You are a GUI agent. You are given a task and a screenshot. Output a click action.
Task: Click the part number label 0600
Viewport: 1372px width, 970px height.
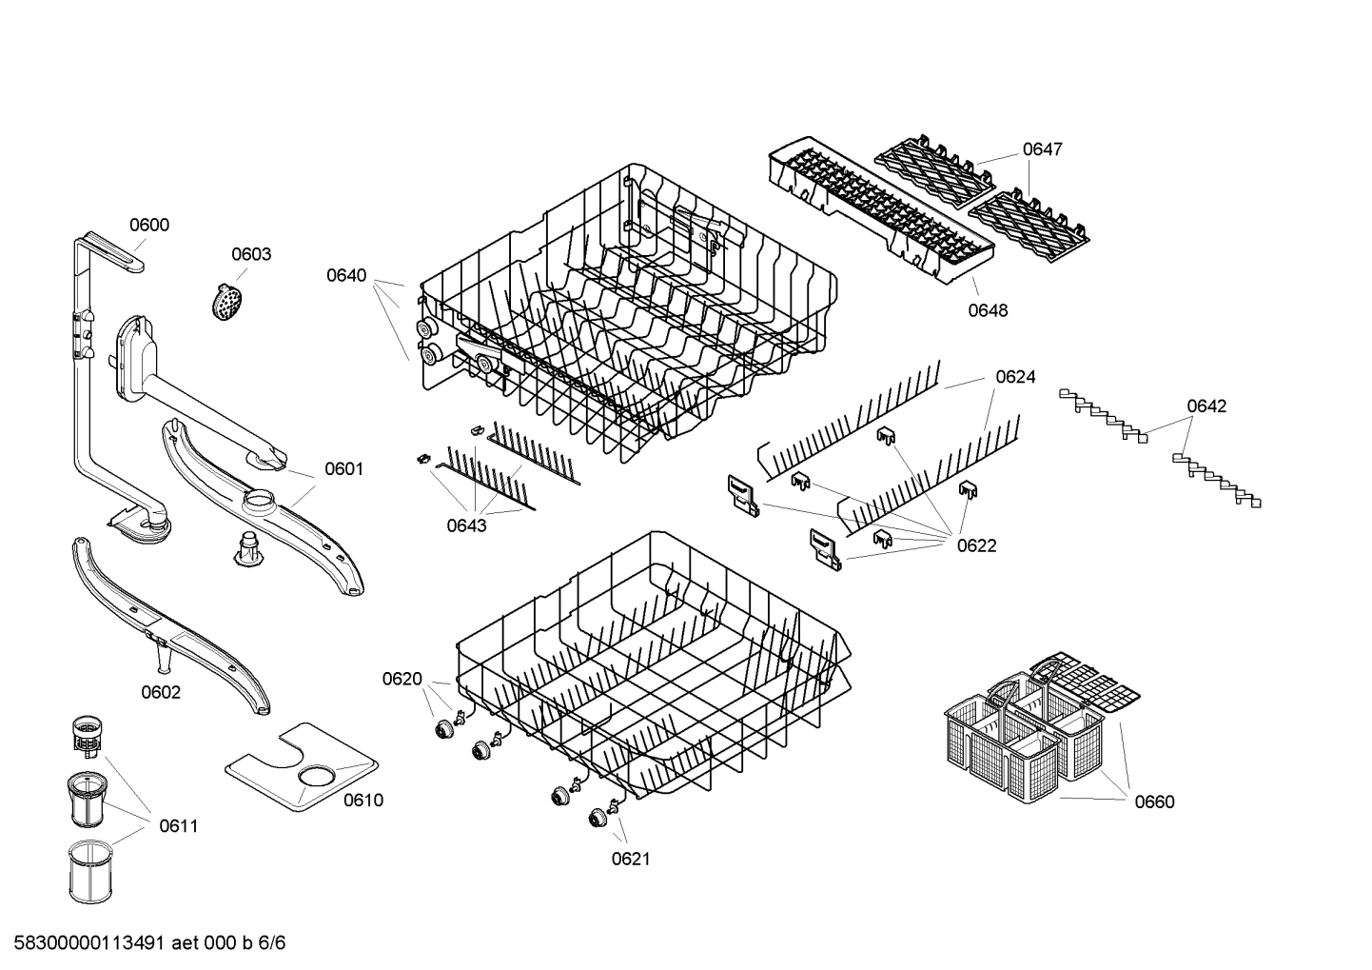(149, 226)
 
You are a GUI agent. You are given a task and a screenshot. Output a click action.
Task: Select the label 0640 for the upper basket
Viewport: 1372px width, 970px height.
(346, 276)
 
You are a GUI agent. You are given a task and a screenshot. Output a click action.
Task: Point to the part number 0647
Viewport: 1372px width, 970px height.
(1043, 149)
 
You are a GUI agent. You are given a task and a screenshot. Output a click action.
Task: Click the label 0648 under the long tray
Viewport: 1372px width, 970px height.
(989, 310)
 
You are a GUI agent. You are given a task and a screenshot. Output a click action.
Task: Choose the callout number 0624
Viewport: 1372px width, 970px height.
(1015, 377)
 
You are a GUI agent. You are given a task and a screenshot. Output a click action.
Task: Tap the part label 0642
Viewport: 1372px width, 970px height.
(1206, 406)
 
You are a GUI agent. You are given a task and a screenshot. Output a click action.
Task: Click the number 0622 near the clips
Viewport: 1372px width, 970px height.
(976, 545)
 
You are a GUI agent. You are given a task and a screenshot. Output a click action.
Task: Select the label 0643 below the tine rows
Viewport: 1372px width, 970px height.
(466, 525)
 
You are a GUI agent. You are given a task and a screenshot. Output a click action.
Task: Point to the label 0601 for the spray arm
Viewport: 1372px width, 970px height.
(344, 468)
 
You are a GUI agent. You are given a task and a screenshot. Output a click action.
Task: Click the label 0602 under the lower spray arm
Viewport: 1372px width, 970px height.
(161, 692)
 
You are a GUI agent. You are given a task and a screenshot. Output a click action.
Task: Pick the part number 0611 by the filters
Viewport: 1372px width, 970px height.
(178, 825)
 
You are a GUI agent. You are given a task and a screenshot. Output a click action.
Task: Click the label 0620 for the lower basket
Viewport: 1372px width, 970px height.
(402, 679)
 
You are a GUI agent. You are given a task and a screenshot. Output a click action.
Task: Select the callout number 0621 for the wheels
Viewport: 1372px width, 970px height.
(631, 859)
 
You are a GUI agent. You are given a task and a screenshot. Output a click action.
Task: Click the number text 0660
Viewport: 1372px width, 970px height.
(1154, 802)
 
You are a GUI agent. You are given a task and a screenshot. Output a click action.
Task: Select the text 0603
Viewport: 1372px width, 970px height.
(251, 254)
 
